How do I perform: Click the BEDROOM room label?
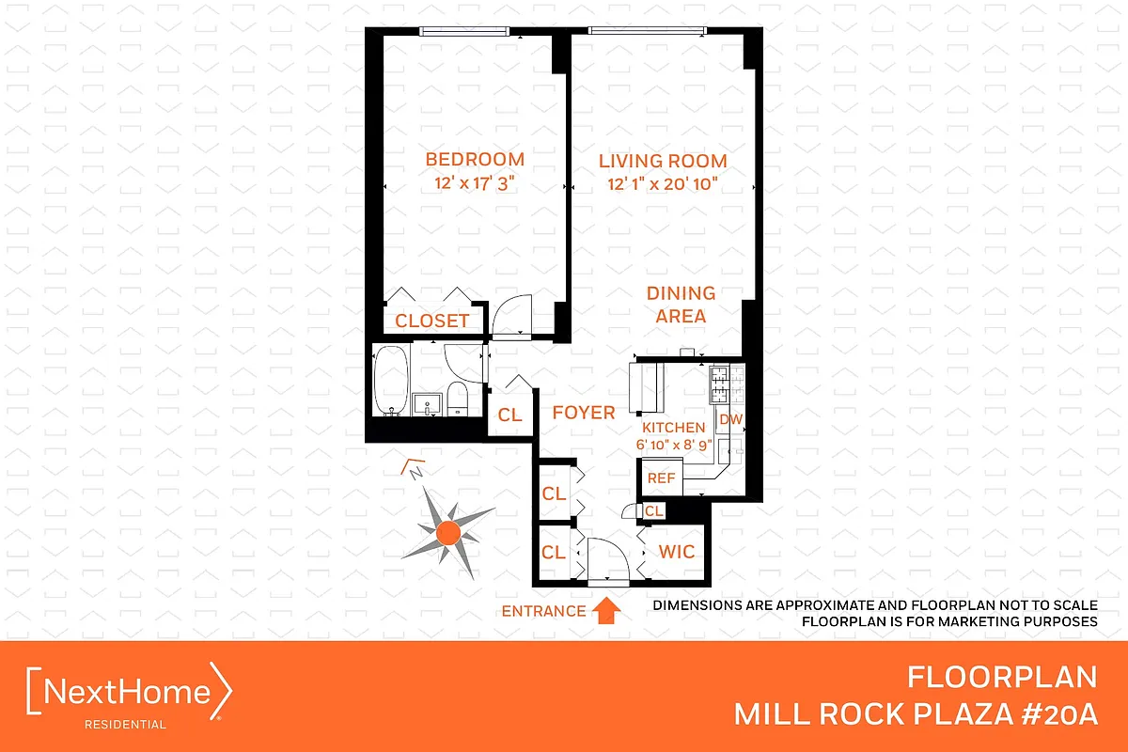(475, 159)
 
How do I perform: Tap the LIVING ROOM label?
(663, 161)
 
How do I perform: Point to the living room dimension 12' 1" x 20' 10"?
(663, 185)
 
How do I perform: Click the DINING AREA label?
(681, 305)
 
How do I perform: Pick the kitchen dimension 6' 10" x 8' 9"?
(673, 444)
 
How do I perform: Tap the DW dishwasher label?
(729, 419)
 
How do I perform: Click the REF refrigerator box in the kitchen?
(662, 478)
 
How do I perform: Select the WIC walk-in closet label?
(676, 551)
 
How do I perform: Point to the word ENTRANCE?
(542, 611)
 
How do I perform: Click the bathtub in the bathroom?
(390, 381)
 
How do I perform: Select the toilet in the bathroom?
(458, 399)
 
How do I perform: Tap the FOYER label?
(583, 413)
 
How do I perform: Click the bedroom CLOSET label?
(431, 321)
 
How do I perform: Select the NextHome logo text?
(129, 693)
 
